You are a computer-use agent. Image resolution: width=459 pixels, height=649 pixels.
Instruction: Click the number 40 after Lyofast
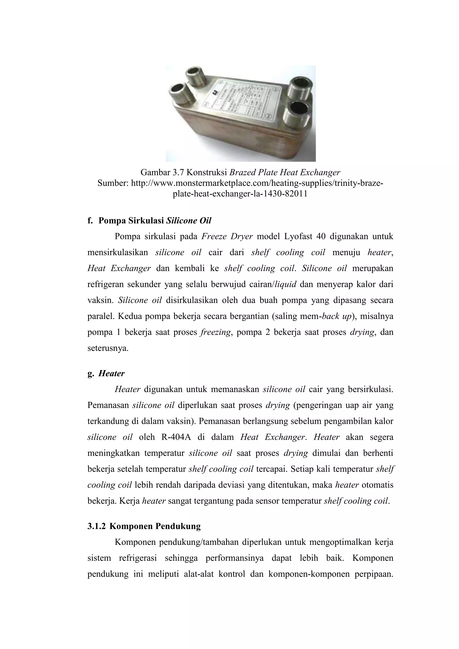point(322,236)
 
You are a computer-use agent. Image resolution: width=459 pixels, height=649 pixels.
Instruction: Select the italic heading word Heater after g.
point(111,374)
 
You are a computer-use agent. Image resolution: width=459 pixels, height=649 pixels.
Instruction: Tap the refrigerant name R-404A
point(176,437)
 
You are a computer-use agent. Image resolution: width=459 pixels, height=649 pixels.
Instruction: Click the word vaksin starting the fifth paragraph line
point(100,300)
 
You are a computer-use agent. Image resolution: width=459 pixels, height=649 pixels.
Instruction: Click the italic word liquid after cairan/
point(285,284)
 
